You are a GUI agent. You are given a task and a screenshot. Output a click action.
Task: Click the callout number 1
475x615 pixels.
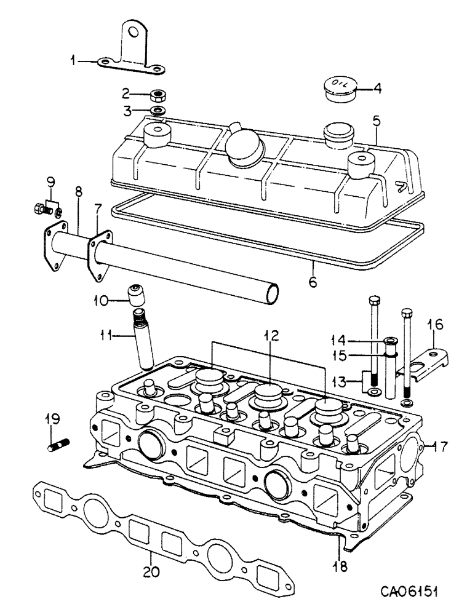73,60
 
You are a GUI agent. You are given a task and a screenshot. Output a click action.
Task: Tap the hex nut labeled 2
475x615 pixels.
158,95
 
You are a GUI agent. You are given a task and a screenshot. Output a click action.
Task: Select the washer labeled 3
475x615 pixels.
158,111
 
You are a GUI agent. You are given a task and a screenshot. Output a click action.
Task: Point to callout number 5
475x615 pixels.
376,121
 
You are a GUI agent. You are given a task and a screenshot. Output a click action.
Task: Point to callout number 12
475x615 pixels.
272,336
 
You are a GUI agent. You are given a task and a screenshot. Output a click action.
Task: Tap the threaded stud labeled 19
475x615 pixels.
58,443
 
